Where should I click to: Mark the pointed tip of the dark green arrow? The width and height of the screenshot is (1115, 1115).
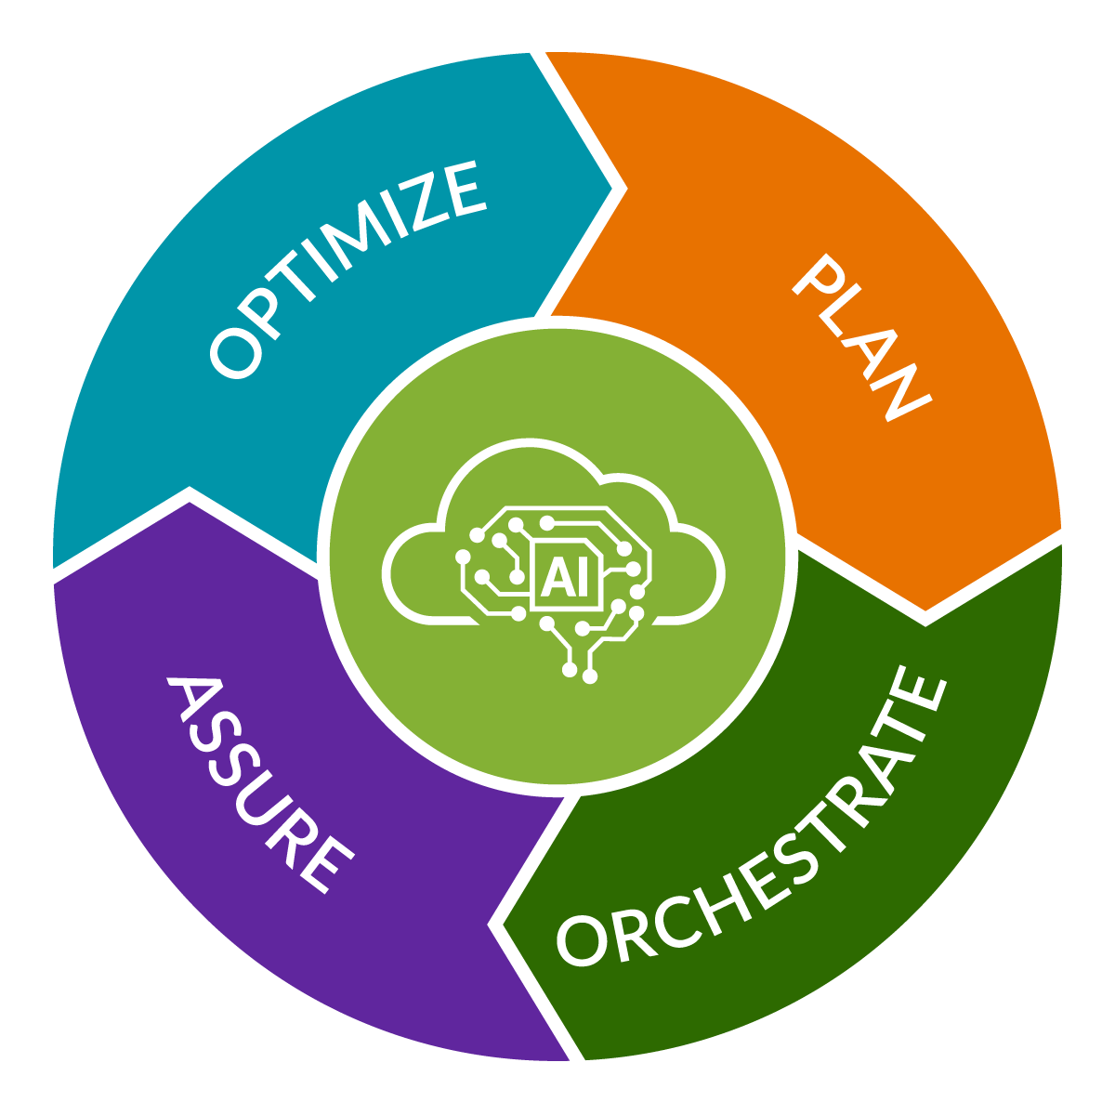[x=502, y=925]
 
